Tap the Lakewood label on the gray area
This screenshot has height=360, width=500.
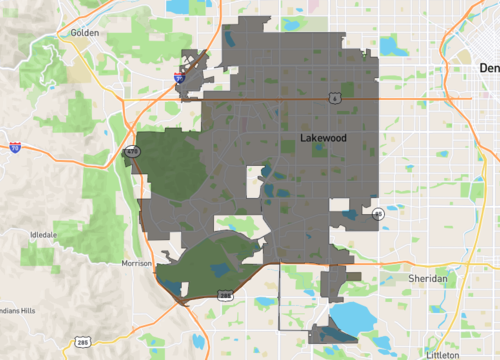pos(323,139)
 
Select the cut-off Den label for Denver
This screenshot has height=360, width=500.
pos(489,68)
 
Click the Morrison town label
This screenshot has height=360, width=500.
pos(135,263)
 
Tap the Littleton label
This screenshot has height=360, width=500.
pos(441,354)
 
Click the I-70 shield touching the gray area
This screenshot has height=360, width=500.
pos(179,75)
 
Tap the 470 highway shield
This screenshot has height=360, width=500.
pos(132,152)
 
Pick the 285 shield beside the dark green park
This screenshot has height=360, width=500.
pos(226,294)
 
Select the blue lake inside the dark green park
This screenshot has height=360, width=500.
pos(175,288)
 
